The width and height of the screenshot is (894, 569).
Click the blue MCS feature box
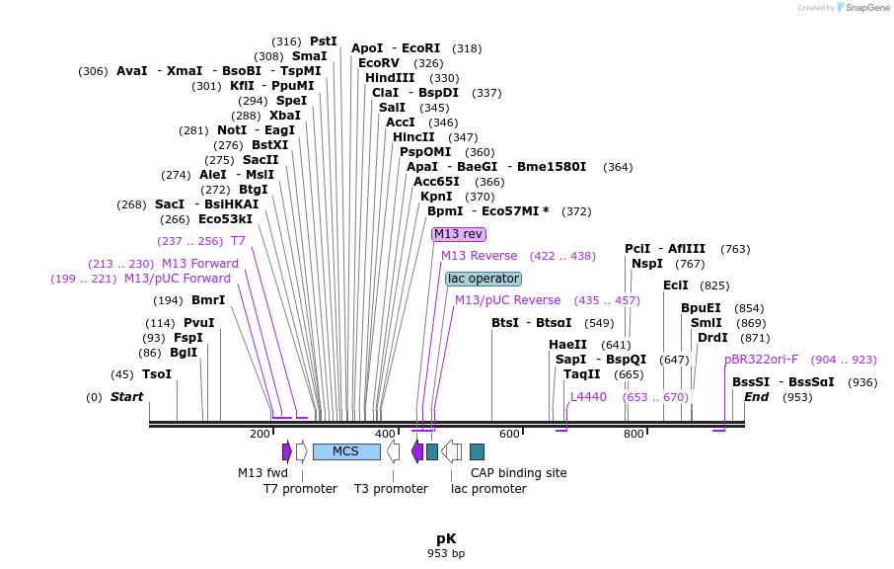click(346, 451)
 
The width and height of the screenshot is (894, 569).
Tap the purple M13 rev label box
click(459, 234)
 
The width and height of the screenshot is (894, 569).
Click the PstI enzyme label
click(324, 41)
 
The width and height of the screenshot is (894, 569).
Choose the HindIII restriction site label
click(390, 78)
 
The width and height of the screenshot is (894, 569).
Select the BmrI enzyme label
click(208, 300)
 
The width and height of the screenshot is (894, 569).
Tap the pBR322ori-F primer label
click(761, 360)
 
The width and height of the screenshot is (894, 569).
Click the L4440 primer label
click(588, 397)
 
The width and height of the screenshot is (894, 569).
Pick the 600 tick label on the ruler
click(509, 435)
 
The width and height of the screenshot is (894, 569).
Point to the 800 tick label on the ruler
click(633, 435)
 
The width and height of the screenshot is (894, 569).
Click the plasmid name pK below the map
click(446, 538)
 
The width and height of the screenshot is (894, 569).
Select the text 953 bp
click(446, 553)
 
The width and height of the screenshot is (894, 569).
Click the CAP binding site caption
click(518, 473)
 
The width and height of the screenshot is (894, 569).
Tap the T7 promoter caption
click(300, 489)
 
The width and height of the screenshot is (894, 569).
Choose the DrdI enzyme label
click(712, 338)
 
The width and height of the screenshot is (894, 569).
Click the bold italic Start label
click(126, 397)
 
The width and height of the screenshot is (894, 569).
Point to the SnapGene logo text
click(862, 8)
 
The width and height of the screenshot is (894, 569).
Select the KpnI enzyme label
click(436, 197)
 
